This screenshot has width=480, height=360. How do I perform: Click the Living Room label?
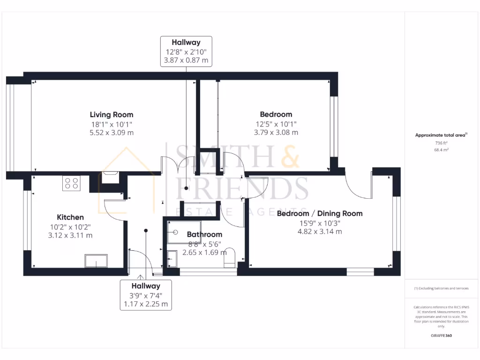112,114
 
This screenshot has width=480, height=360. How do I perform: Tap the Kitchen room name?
70,217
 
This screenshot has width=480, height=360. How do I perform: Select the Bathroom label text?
204,234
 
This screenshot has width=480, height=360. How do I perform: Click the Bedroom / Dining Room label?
320,213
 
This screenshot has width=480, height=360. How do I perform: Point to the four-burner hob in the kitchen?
71,183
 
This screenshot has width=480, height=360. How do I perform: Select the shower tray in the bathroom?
184,232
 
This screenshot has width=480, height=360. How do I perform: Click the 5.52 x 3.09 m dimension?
112,133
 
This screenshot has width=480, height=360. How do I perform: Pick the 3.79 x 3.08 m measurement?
276,133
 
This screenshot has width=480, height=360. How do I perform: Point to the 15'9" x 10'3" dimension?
320,223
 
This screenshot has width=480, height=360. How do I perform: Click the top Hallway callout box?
186,51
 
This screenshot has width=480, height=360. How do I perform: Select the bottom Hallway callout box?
146,295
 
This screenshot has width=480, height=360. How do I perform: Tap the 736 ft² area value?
441,143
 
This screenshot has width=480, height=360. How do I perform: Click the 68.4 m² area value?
441,150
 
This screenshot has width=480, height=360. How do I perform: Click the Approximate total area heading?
441,135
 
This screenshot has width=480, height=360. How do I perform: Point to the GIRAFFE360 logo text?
441,336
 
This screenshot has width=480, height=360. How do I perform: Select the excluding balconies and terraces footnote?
441,288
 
